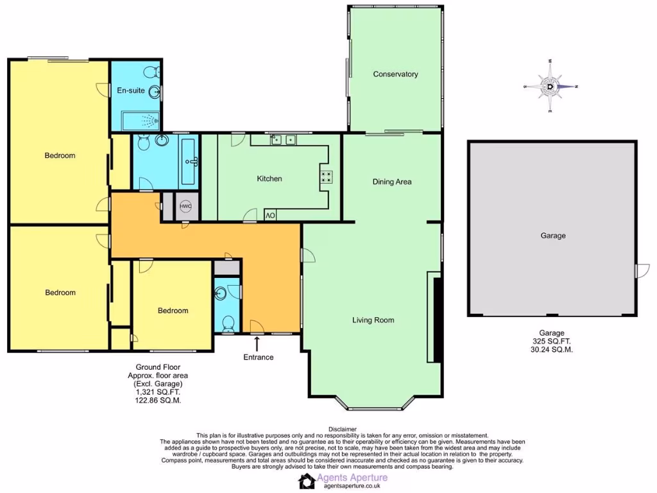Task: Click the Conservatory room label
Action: point(395,74)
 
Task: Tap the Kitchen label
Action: point(269,178)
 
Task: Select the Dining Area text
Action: point(392,182)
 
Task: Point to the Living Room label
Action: point(373,320)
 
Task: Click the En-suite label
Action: point(130,91)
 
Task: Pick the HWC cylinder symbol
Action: point(186,207)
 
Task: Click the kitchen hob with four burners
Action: point(326,177)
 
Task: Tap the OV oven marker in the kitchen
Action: point(270,215)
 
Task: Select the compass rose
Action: point(550,86)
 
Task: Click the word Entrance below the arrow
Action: point(259,358)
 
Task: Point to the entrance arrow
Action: point(259,343)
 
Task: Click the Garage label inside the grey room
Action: point(552,236)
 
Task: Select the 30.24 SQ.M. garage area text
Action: point(551,350)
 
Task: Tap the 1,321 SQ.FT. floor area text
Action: point(154,392)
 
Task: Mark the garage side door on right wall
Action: point(637,271)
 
